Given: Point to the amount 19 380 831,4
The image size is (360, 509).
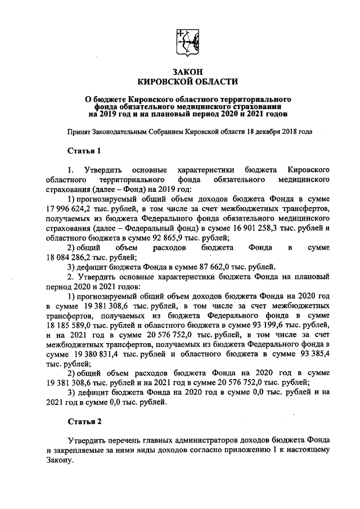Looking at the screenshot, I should coord(101,352).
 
